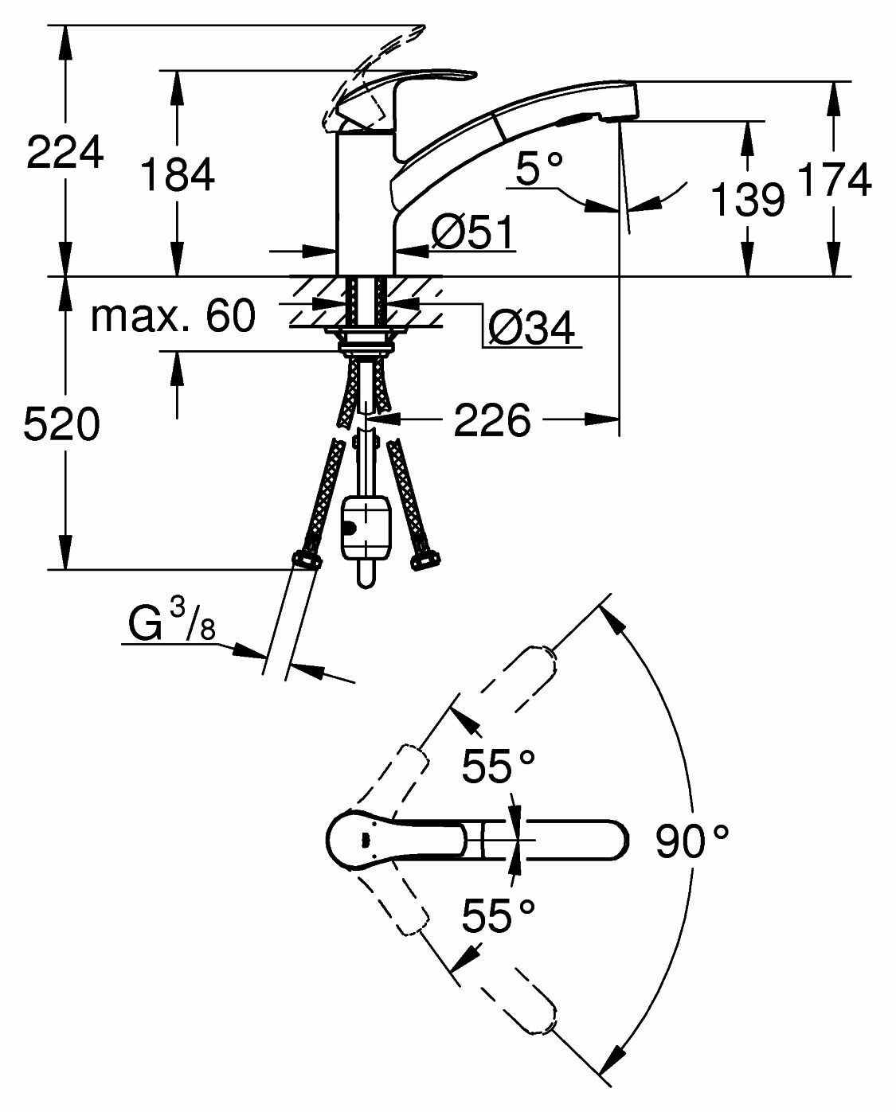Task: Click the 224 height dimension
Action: (x=65, y=152)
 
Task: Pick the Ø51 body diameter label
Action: (x=472, y=234)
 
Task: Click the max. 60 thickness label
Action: (x=173, y=316)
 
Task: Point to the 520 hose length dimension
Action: (x=61, y=424)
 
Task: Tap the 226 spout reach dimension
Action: (x=491, y=419)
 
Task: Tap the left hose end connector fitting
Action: (x=306, y=562)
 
